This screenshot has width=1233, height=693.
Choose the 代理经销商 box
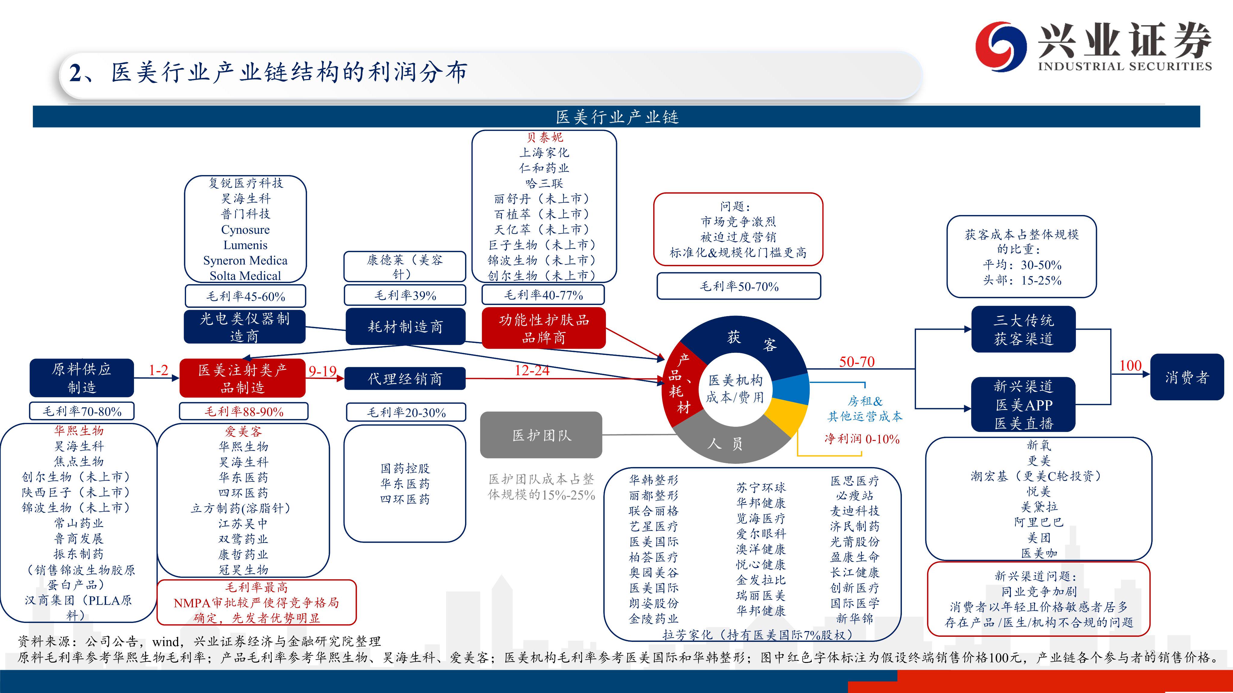coord(405,379)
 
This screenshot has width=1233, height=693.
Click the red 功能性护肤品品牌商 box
coord(543,328)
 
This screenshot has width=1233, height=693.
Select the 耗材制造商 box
coord(405,327)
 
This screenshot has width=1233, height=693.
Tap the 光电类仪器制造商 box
coord(245,327)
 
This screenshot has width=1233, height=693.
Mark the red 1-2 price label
coord(158,370)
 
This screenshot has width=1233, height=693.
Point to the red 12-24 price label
coord(532,371)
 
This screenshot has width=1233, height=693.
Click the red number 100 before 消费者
coord(1130,366)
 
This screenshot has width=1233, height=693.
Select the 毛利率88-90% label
coord(244,411)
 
